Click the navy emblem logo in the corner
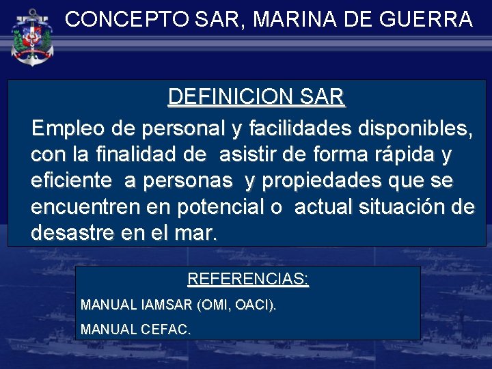pos(33,36)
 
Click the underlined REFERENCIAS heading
pos(247,279)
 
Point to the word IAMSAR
pos(165,304)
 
